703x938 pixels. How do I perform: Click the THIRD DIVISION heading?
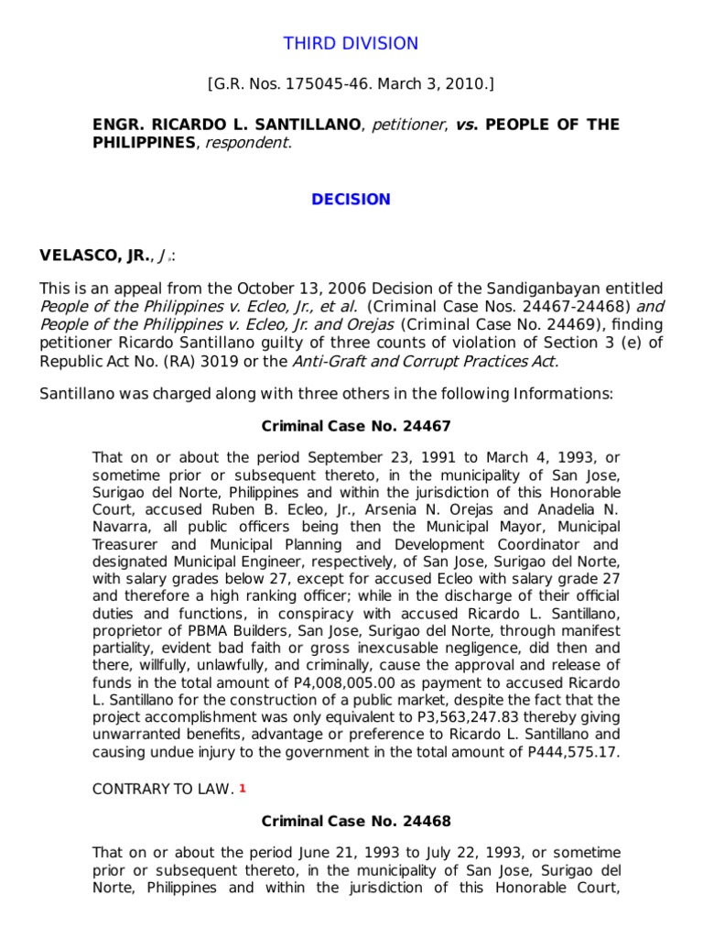click(351, 43)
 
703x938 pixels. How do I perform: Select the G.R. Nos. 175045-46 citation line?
click(351, 84)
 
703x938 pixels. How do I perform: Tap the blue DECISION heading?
click(351, 200)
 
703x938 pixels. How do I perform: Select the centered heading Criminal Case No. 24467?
click(356, 426)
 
